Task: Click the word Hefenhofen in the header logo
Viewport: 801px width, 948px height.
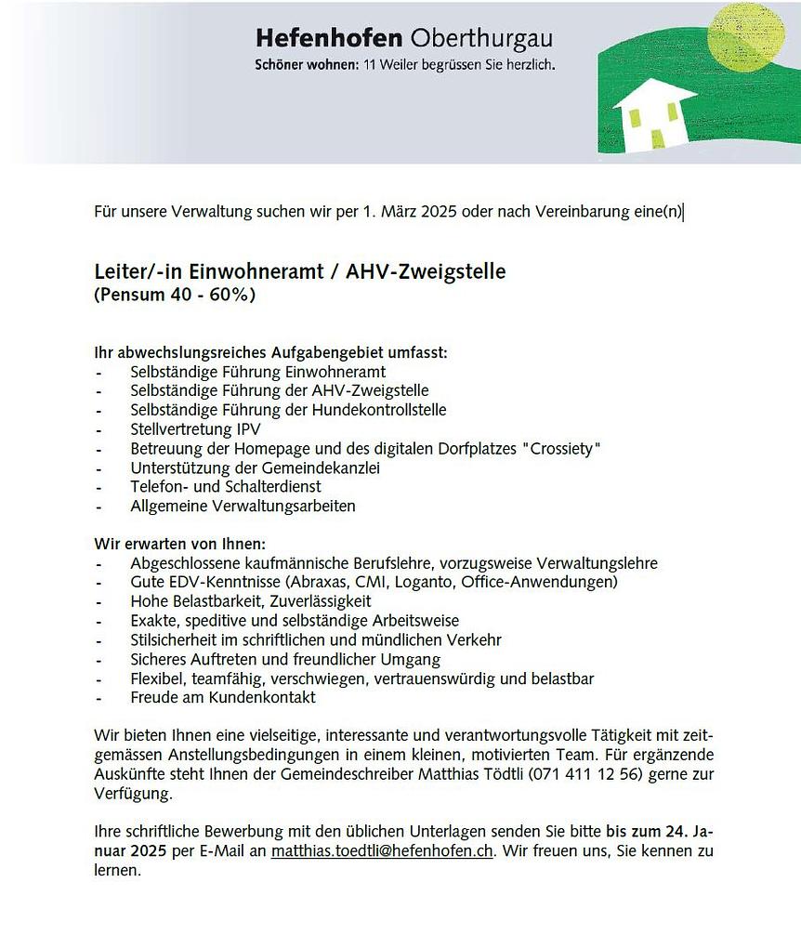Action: coord(328,39)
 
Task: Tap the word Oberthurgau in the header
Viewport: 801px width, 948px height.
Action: coord(480,39)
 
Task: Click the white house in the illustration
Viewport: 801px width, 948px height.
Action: coord(654,115)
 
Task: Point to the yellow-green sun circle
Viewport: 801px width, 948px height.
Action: coord(740,35)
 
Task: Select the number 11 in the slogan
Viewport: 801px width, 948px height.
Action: coord(366,66)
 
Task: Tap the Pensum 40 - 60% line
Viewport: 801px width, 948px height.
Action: coord(175,296)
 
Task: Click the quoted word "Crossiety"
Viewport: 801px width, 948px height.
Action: coord(561,449)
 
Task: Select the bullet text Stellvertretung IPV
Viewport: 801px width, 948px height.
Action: coord(195,429)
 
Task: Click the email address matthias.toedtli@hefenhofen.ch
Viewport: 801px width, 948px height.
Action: coord(382,850)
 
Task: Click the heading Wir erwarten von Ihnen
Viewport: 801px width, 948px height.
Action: coord(180,543)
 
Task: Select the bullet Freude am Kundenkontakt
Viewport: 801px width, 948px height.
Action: coord(223,697)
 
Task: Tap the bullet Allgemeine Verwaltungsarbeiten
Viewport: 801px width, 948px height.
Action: coord(243,507)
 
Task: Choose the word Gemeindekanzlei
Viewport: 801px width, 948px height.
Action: coord(324,468)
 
